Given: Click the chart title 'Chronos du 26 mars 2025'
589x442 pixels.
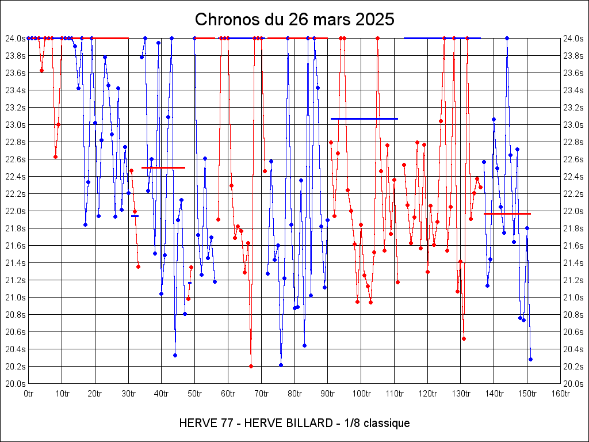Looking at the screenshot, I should point(294,19).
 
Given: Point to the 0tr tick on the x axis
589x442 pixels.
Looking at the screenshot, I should point(29,394).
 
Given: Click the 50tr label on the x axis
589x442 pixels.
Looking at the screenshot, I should point(195,394).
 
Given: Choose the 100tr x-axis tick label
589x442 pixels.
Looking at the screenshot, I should point(361,394).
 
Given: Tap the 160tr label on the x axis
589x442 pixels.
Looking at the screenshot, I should point(560,394).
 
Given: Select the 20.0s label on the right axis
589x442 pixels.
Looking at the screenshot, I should point(573,384).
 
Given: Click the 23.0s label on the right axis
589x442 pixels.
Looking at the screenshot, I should point(573,125).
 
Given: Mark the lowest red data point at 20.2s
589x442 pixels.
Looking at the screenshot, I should point(251,366).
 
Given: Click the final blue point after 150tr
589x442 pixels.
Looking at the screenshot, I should point(530,359).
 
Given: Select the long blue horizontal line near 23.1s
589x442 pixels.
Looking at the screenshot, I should point(364,119).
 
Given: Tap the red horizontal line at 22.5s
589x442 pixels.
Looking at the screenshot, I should point(163,167).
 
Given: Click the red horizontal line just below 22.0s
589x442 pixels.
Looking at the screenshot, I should point(507,214).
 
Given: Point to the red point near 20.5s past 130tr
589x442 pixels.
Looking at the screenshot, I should point(464,338).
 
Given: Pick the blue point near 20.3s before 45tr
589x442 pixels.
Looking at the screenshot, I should point(175,355).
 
